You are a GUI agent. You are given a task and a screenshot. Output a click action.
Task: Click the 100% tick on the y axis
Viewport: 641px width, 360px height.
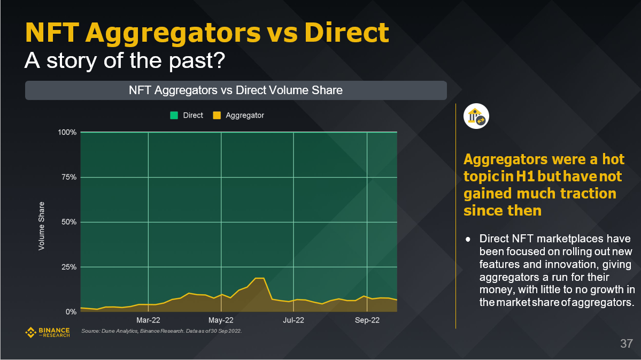[x=67, y=132]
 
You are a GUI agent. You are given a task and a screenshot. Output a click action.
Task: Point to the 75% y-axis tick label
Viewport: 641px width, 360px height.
[x=69, y=177]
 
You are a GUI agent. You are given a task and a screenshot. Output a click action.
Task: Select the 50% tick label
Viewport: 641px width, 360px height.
[x=69, y=222]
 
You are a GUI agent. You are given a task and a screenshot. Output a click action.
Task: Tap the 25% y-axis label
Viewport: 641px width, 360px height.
[x=69, y=267]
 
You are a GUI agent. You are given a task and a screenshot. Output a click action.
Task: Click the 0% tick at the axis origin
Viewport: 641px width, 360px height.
[x=71, y=312]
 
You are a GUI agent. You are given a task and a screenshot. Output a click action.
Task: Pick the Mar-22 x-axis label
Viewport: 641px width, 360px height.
[x=148, y=320]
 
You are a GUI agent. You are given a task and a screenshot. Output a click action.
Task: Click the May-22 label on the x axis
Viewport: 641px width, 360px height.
[x=221, y=320]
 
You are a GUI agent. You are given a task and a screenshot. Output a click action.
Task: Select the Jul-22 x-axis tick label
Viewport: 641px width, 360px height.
[x=294, y=320]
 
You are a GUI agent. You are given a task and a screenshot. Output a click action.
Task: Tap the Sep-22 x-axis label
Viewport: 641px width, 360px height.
[x=367, y=320]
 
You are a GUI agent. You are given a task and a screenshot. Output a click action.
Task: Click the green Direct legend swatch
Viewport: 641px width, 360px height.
[x=174, y=115]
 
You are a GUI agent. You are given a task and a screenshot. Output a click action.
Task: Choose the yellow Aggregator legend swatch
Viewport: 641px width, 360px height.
[x=217, y=115]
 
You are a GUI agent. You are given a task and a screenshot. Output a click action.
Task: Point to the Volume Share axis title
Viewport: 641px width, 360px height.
[x=41, y=225]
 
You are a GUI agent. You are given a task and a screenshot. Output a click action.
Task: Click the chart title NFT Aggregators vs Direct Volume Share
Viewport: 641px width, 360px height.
[x=236, y=90]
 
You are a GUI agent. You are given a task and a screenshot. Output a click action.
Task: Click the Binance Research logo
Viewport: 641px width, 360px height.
[x=48, y=333]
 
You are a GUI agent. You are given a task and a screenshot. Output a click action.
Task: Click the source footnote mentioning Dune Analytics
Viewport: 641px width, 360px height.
[x=161, y=332]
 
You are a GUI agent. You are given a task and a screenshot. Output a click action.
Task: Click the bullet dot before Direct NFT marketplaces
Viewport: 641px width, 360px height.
[x=468, y=239]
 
